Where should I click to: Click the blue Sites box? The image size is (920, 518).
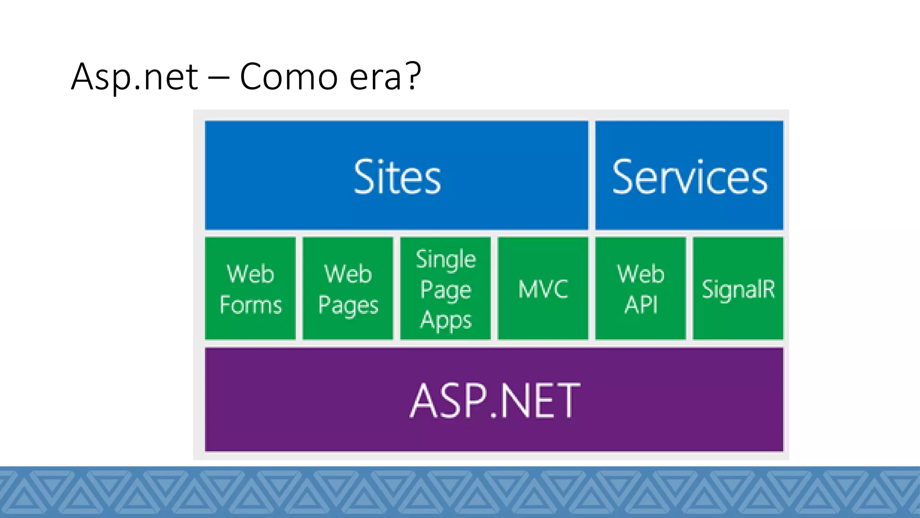[x=396, y=175]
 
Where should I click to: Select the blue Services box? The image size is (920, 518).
[x=689, y=175]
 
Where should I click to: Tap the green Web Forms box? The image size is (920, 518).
[x=250, y=288]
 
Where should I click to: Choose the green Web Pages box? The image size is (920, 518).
[x=348, y=288]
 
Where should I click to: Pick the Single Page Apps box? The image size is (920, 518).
[x=445, y=288]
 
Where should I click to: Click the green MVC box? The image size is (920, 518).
[x=543, y=288]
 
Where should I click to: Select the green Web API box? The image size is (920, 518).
[x=641, y=288]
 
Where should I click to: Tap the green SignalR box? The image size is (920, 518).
[x=738, y=288]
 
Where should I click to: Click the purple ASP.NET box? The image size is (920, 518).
[x=494, y=399]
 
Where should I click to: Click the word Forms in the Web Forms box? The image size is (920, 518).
[x=251, y=305]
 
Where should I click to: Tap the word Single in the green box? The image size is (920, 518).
[x=446, y=260]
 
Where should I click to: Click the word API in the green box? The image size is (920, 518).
[x=641, y=305]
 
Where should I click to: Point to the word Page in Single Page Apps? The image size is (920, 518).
[x=446, y=290]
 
